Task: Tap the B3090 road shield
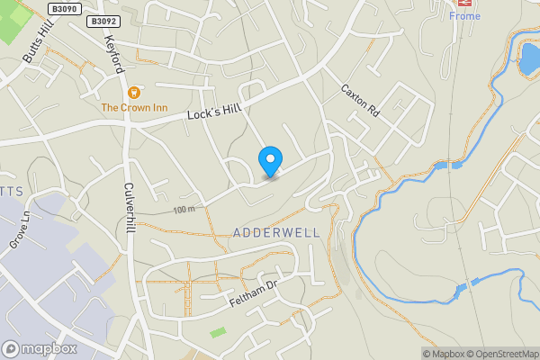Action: pos(64,8)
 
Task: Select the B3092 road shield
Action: pos(103,20)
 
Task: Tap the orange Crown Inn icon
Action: pos(134,92)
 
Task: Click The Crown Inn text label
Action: pos(134,108)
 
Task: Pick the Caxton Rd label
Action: pos(360,103)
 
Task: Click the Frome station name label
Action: pos(465,16)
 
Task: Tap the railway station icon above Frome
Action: pos(465,4)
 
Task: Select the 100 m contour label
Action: pos(184,210)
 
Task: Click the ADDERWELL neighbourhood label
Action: pos(276,232)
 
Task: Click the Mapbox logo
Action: pos(40,349)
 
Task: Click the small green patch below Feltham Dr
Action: pos(218,332)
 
